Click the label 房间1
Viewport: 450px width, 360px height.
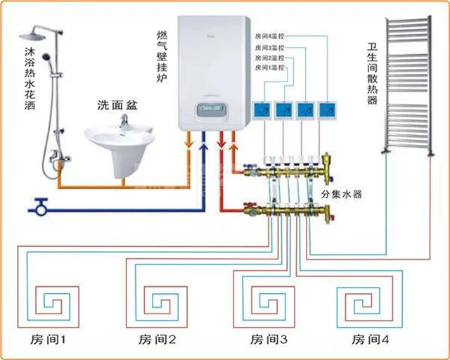click(x=48, y=340)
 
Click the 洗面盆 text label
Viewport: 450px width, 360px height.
click(x=117, y=105)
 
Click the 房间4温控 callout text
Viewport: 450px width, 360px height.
click(x=270, y=35)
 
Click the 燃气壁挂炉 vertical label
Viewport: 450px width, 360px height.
click(x=162, y=53)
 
